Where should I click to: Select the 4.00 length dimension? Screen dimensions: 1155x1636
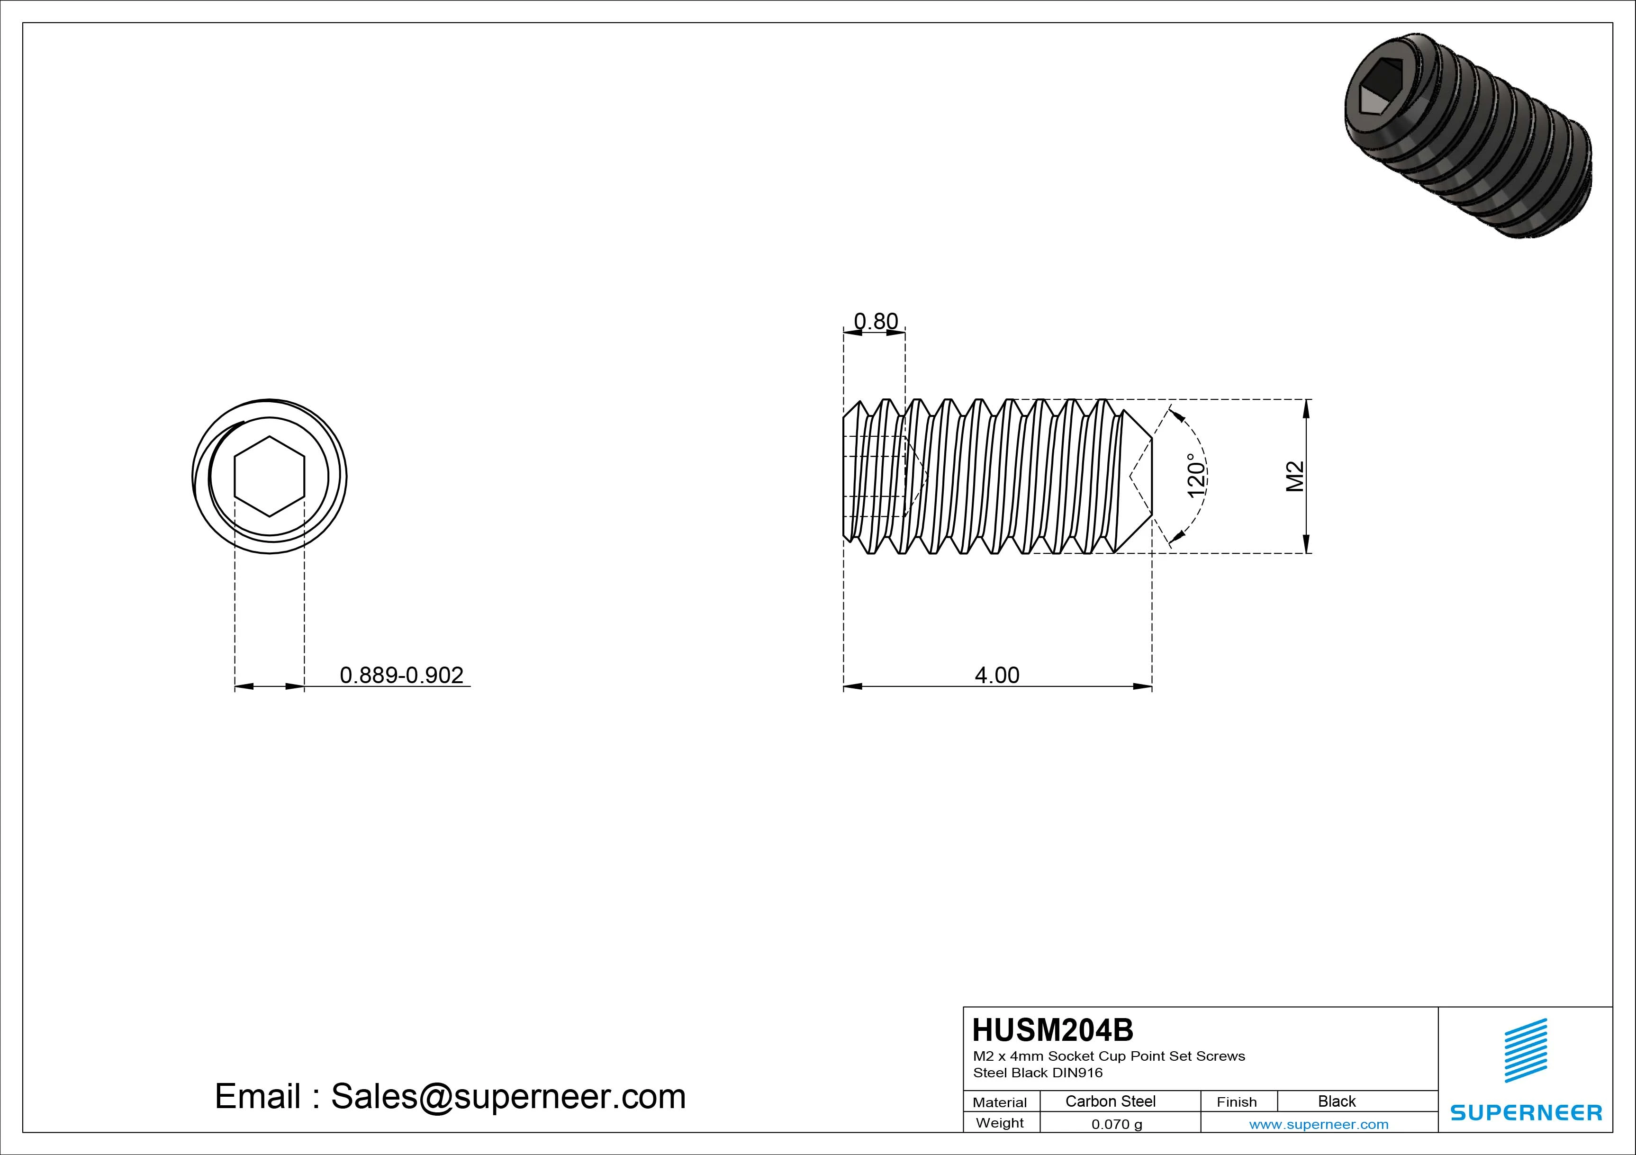pos(997,675)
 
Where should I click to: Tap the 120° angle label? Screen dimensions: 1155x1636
pos(1196,475)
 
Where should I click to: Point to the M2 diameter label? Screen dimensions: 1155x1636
pos(1294,477)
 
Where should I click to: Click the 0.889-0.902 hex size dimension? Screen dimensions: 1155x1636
pos(401,675)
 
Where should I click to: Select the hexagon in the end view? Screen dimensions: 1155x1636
pos(269,476)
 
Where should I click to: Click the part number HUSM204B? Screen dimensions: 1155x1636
pos(1052,1029)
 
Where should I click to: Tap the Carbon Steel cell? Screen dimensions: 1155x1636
pos(1110,1101)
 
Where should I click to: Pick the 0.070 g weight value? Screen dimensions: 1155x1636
pos(1117,1124)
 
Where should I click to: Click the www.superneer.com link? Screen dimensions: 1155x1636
pos(1318,1124)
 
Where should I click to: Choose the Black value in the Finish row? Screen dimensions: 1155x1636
pos(1336,1101)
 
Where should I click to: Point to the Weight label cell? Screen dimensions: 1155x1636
pos(1000,1123)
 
